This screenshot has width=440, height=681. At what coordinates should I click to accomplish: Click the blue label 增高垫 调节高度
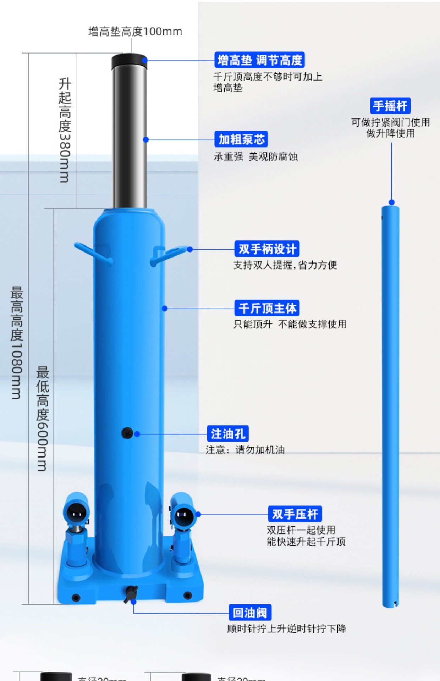259,60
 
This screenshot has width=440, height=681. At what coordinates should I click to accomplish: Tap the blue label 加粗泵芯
241,139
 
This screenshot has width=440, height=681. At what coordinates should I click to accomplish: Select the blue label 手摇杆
390,106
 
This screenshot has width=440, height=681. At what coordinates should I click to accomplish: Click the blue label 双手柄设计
267,249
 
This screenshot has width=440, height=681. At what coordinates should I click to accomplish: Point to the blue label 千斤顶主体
267,308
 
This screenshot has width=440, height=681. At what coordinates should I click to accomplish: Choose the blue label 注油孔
228,433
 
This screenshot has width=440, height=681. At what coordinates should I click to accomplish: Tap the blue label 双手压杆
295,514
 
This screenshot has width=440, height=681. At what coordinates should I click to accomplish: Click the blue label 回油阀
250,613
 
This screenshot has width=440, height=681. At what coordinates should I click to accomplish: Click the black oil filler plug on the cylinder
127,433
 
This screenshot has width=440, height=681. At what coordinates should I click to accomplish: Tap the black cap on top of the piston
129,61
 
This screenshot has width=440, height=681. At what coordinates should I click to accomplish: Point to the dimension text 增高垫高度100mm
135,32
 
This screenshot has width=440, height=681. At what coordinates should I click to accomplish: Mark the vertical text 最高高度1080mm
17,343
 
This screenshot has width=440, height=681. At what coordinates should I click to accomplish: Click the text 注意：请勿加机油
245,450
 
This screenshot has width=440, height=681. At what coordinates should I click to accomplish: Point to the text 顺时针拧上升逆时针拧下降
287,629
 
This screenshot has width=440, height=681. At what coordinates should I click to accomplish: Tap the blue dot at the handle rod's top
391,202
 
